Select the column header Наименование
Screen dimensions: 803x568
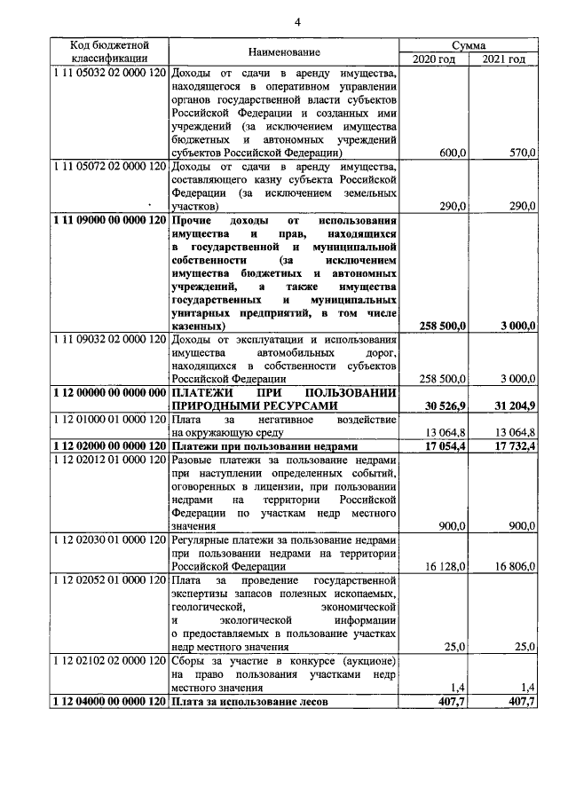click(283, 52)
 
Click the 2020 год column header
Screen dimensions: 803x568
click(434, 59)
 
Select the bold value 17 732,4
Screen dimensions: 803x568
click(513, 445)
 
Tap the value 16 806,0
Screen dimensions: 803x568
click(515, 565)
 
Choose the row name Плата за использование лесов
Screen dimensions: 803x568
click(251, 700)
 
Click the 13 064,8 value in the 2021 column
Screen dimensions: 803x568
click(515, 431)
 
